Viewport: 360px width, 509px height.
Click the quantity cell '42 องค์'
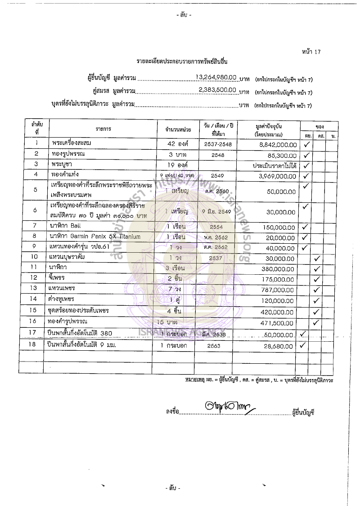177,145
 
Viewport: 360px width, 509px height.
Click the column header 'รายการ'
103,129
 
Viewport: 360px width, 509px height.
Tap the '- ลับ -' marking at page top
184,15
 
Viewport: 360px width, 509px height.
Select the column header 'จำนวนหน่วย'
178,129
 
